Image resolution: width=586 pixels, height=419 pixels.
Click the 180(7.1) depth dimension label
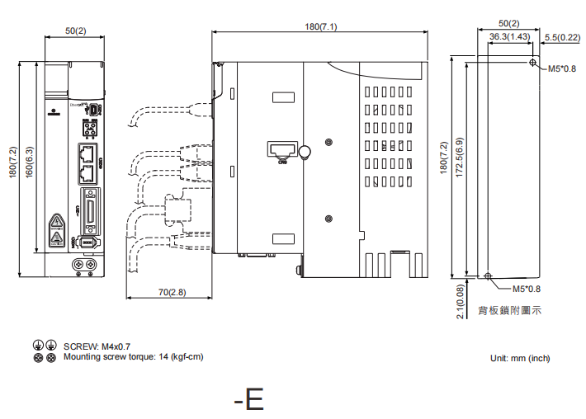coord(321,26)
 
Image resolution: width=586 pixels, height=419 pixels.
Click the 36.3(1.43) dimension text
coord(509,37)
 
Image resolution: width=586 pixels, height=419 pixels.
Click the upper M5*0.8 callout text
coord(562,69)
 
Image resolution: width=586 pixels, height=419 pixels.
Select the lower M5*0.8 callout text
coord(527,289)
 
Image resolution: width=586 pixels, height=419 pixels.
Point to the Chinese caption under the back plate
coord(509,311)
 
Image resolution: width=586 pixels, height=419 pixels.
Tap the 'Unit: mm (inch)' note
coord(519,358)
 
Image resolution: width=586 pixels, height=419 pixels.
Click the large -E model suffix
coord(248,400)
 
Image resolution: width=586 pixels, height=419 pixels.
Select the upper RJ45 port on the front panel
coord(87,152)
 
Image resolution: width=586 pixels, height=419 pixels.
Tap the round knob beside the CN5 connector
coord(304,151)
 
